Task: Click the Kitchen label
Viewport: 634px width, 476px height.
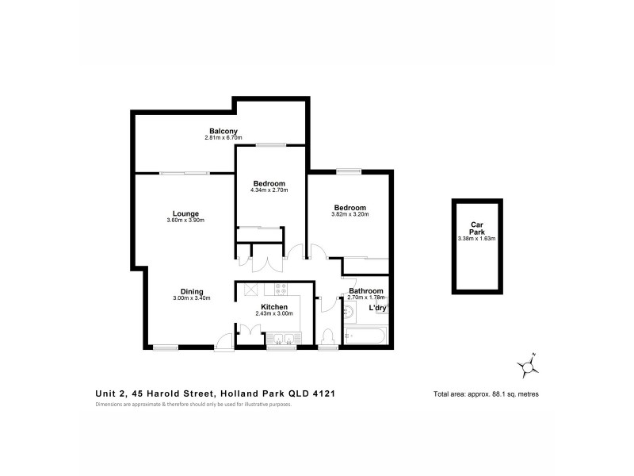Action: click(x=274, y=306)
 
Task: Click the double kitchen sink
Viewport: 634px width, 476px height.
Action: click(x=283, y=341)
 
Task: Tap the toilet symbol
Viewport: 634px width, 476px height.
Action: click(x=327, y=337)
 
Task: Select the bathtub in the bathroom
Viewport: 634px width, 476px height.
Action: click(x=366, y=336)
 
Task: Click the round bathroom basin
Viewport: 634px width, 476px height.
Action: click(x=349, y=312)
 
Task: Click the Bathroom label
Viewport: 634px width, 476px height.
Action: click(x=365, y=291)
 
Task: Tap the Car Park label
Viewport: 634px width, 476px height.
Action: click(x=476, y=227)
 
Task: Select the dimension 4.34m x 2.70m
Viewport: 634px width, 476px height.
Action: click(x=269, y=190)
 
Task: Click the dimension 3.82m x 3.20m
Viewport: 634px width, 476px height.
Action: click(x=349, y=214)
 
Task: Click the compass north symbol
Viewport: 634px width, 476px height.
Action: click(x=528, y=366)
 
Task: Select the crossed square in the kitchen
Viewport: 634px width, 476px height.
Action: click(x=250, y=290)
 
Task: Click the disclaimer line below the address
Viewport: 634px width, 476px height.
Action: click(x=193, y=405)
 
